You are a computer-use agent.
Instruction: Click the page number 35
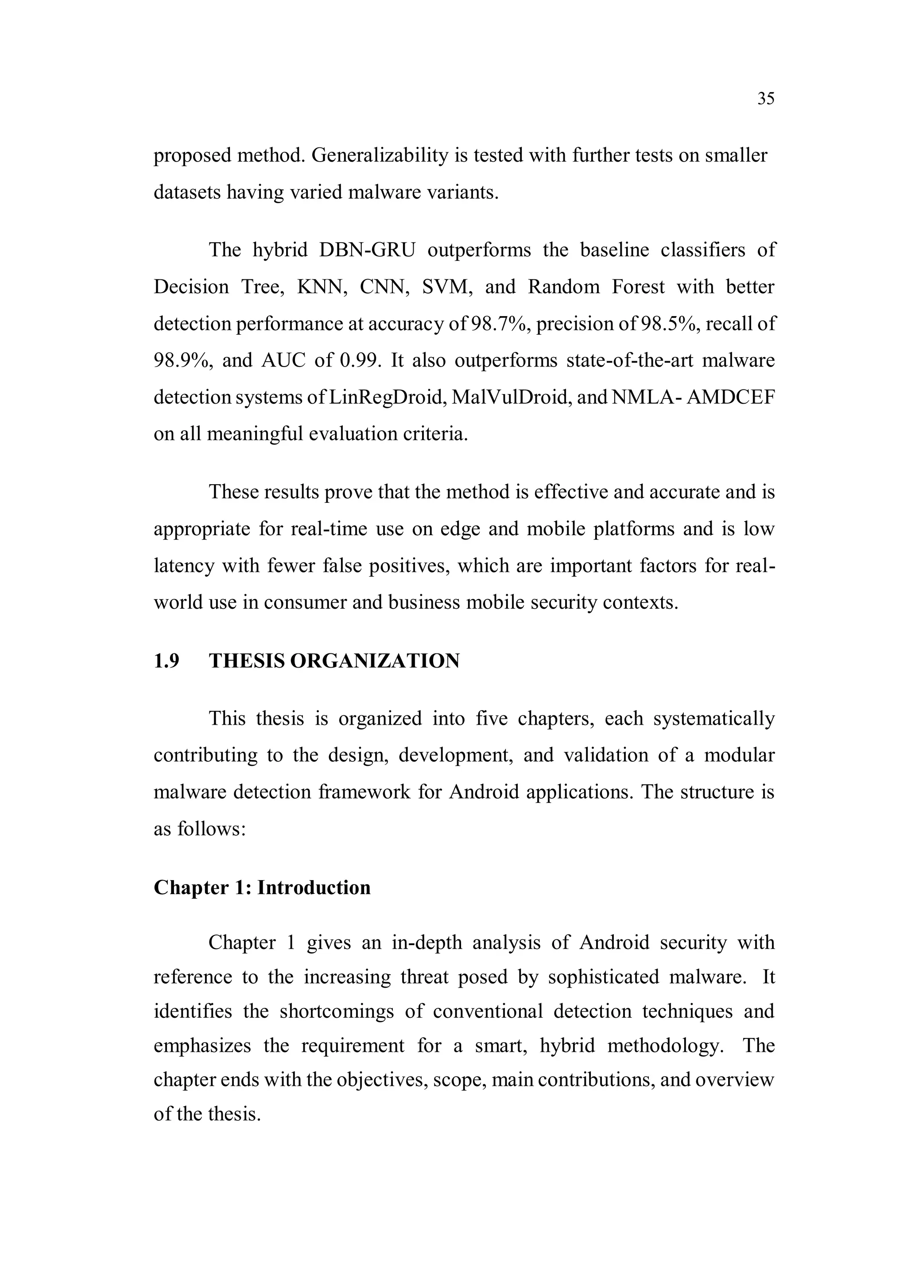(766, 99)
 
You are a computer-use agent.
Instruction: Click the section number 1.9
(166, 661)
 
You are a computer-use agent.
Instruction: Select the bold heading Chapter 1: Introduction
(262, 887)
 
